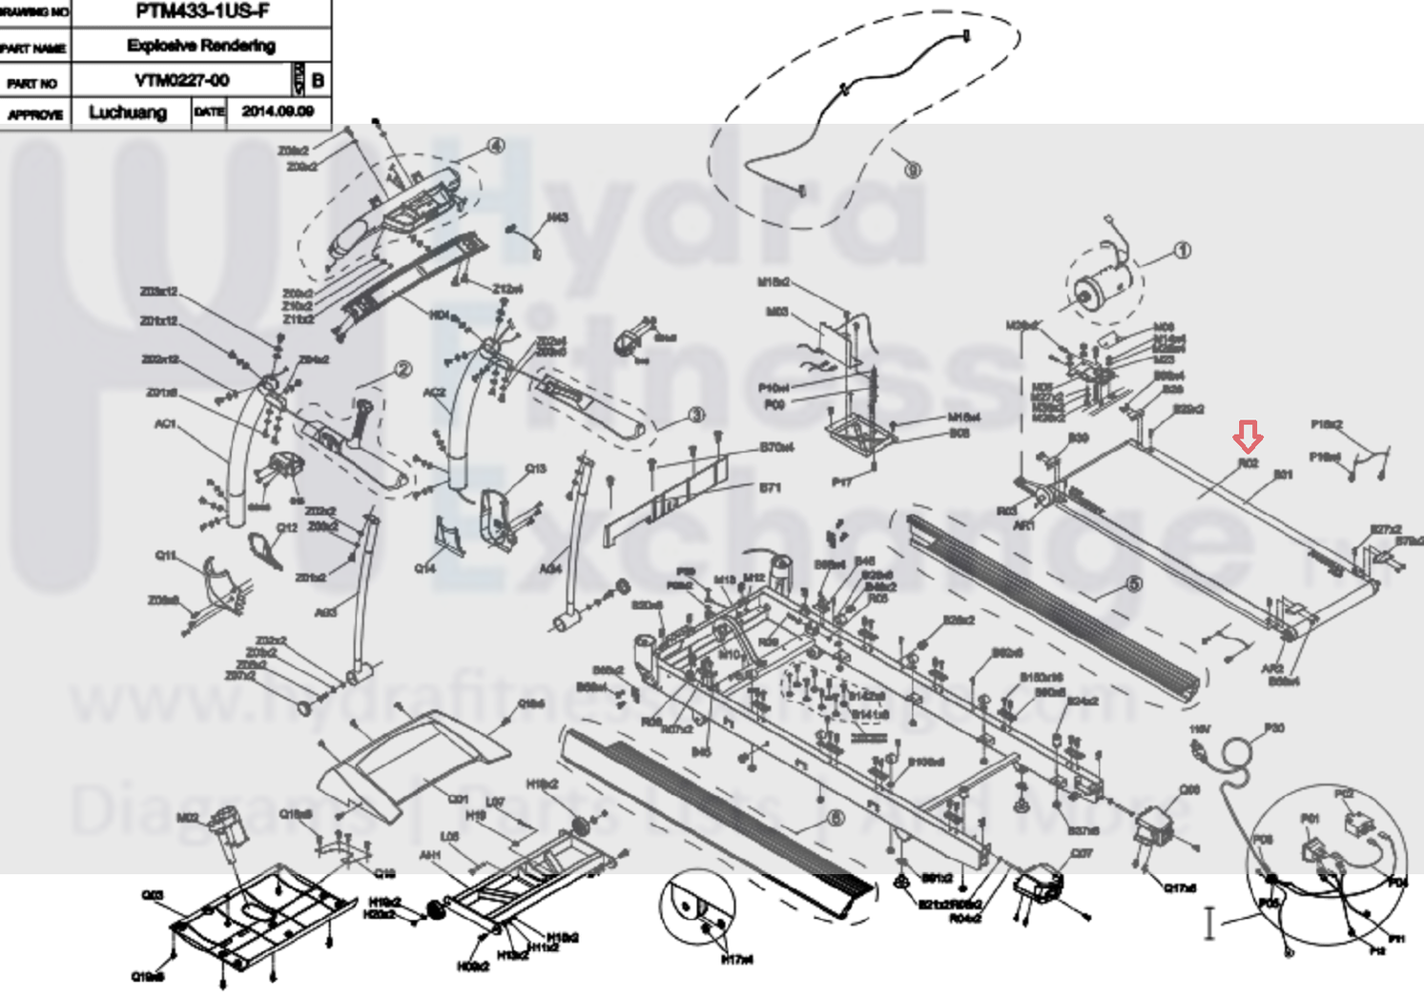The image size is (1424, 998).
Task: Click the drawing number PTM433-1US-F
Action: (x=202, y=12)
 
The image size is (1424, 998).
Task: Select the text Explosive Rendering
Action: (x=201, y=46)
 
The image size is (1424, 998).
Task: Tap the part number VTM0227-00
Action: (x=182, y=80)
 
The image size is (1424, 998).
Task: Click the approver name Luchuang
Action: (x=128, y=112)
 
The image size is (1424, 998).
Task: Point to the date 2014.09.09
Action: (x=278, y=112)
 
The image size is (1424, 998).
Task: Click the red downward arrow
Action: (x=1248, y=437)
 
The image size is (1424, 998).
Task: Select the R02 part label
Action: (x=1248, y=463)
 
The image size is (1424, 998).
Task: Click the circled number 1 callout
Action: (x=1182, y=251)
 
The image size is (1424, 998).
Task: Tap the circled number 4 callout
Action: (x=495, y=146)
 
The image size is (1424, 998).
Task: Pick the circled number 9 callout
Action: (x=913, y=170)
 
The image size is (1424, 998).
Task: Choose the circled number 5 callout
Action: (x=1133, y=583)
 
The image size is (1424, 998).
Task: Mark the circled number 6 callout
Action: (x=836, y=818)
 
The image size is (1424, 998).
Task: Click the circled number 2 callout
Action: (x=402, y=369)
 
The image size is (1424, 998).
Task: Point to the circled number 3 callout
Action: (x=696, y=415)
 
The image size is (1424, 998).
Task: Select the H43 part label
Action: (x=558, y=217)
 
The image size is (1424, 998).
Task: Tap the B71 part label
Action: (x=770, y=488)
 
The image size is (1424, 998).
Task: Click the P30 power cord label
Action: (x=1273, y=728)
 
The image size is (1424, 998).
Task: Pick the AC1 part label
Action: (x=165, y=423)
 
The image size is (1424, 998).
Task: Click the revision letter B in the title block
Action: (x=318, y=80)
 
